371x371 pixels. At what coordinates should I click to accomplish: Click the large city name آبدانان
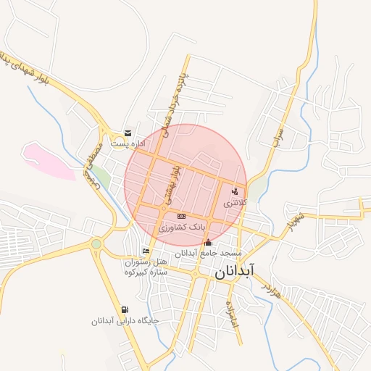[x=233, y=272]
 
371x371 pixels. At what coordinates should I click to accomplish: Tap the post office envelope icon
[x=128, y=133]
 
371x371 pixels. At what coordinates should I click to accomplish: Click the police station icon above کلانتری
[x=234, y=191]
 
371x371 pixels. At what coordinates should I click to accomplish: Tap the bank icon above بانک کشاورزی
[x=180, y=216]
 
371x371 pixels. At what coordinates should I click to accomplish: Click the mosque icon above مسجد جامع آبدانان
[x=209, y=242]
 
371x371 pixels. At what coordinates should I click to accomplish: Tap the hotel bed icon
[x=146, y=251]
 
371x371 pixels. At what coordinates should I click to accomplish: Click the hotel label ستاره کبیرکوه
[x=146, y=272]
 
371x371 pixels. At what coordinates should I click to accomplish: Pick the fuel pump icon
[x=125, y=310]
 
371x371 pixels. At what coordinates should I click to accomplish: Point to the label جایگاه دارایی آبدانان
[x=125, y=321]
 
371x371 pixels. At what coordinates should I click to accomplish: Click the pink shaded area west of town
[x=47, y=160]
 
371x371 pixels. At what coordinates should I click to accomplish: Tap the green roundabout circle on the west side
[x=96, y=243]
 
